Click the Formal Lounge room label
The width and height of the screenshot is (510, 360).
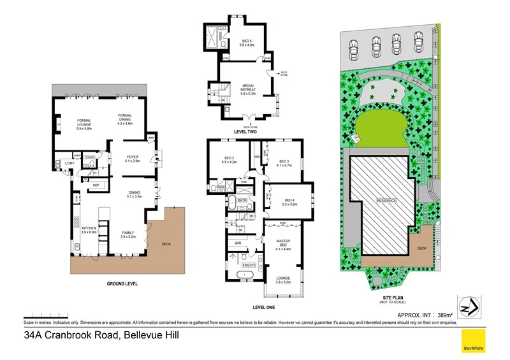tap(84, 122)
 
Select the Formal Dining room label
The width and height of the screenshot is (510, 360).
tap(124, 119)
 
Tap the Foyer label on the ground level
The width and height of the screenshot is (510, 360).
tap(132, 159)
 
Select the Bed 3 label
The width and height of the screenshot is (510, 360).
tap(284, 163)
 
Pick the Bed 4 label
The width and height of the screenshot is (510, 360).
tap(290, 202)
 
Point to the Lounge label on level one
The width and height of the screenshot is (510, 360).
tap(283, 280)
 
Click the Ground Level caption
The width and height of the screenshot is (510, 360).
tap(122, 284)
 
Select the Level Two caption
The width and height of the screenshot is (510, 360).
tap(245, 131)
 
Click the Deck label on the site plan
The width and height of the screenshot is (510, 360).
tap(421, 248)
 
